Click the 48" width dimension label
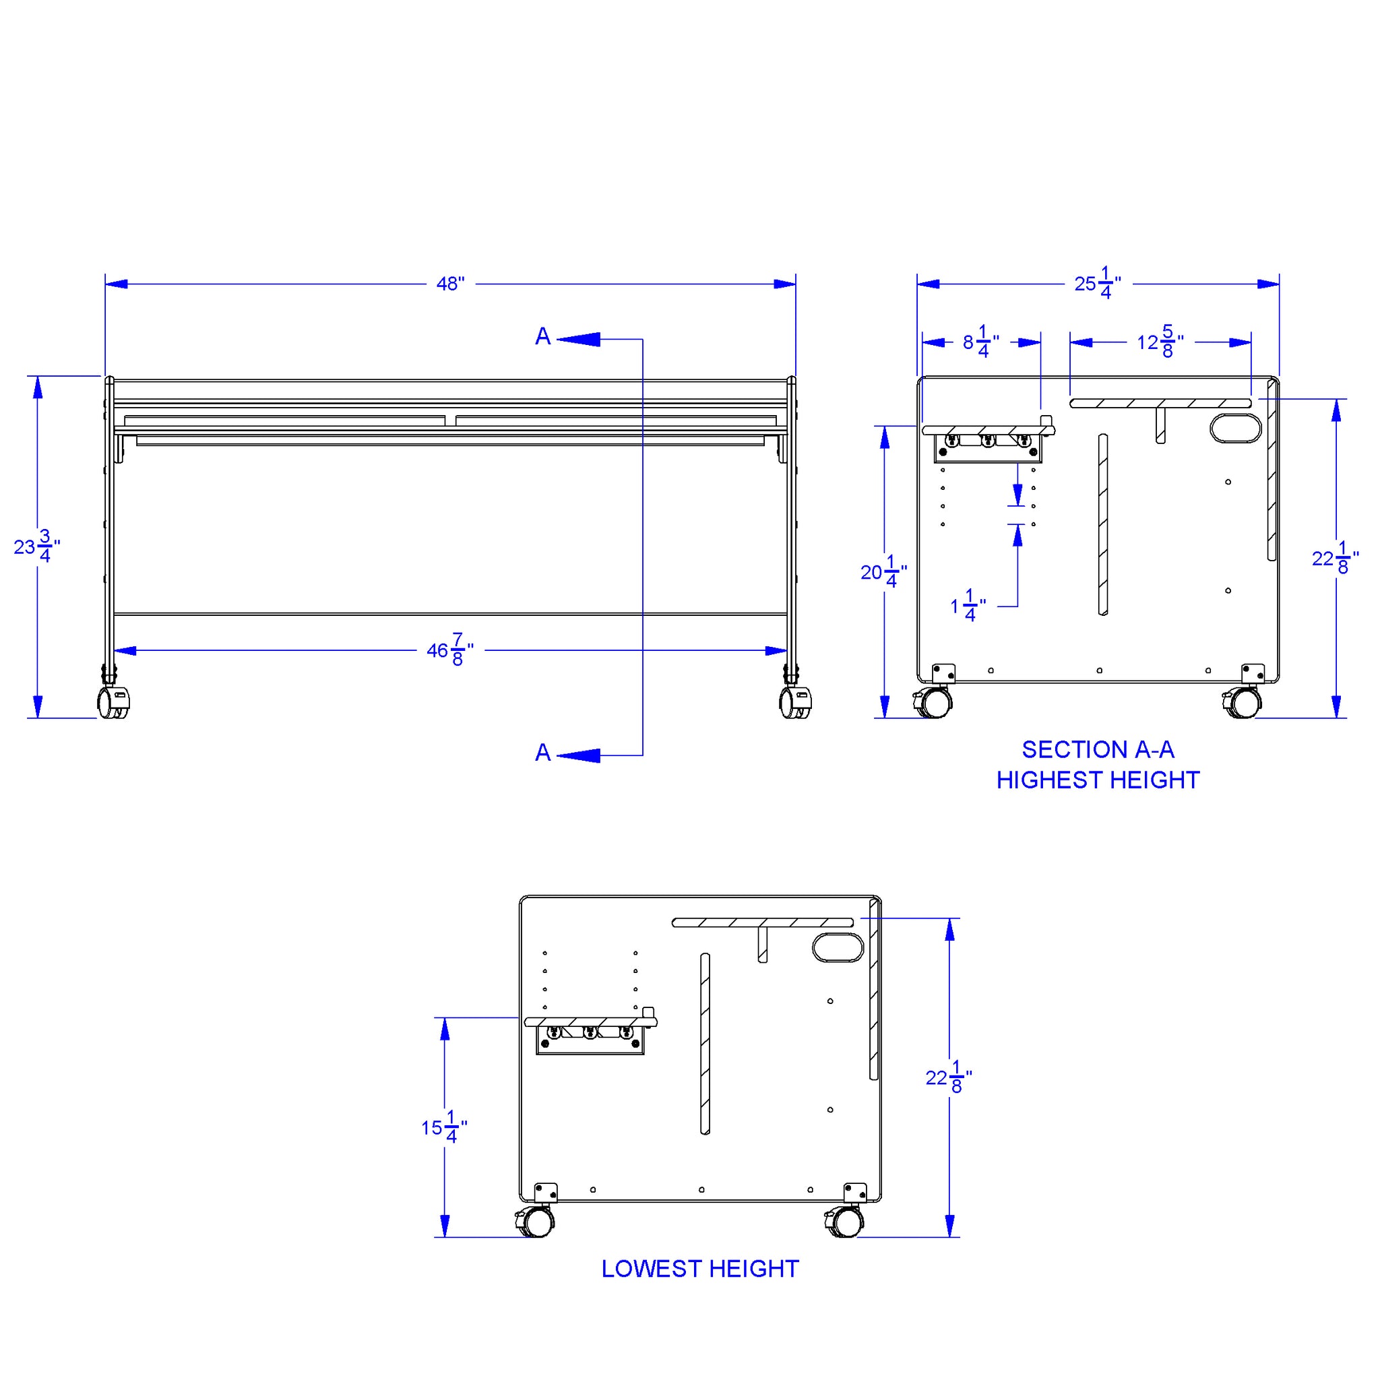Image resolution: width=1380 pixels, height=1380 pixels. [450, 284]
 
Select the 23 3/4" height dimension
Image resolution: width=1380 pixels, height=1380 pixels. [37, 546]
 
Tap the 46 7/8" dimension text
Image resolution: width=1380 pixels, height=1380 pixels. [450, 650]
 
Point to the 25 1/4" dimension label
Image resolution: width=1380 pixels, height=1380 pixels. [1098, 283]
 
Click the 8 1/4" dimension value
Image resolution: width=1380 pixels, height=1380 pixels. [980, 342]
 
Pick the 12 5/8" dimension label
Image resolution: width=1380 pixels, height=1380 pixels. [1160, 342]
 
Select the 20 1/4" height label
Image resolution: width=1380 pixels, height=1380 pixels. [883, 571]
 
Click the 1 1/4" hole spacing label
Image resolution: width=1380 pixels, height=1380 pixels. [968, 606]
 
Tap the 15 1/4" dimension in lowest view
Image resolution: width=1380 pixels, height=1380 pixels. [444, 1127]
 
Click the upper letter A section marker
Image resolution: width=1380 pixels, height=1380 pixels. [543, 336]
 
